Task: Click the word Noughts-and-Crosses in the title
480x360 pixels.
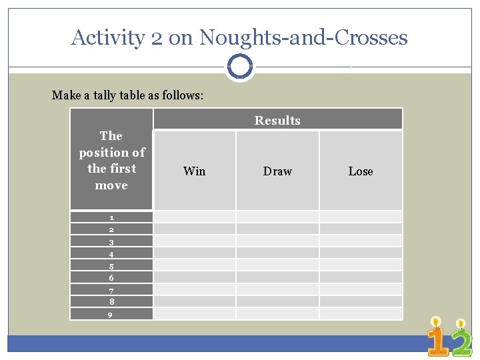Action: click(x=303, y=37)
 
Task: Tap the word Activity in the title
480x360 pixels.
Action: click(x=107, y=37)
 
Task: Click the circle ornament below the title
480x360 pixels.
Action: click(x=239, y=67)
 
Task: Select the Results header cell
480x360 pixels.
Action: click(x=277, y=120)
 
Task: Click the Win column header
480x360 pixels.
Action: click(x=194, y=171)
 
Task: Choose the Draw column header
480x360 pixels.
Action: click(x=277, y=171)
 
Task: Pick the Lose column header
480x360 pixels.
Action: click(x=361, y=171)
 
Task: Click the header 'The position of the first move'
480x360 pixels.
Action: click(x=111, y=160)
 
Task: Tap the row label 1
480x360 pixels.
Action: click(x=111, y=217)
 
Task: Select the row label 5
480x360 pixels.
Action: click(x=111, y=266)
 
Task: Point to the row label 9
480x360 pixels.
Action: click(x=111, y=315)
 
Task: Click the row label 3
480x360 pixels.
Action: click(x=111, y=242)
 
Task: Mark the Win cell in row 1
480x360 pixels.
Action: click(x=194, y=217)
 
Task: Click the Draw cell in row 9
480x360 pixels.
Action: click(x=277, y=313)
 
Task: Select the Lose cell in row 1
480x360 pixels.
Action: click(x=361, y=217)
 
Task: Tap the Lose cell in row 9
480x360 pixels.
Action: click(x=361, y=313)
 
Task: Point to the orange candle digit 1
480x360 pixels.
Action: click(x=437, y=340)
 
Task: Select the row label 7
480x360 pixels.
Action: click(x=111, y=291)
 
